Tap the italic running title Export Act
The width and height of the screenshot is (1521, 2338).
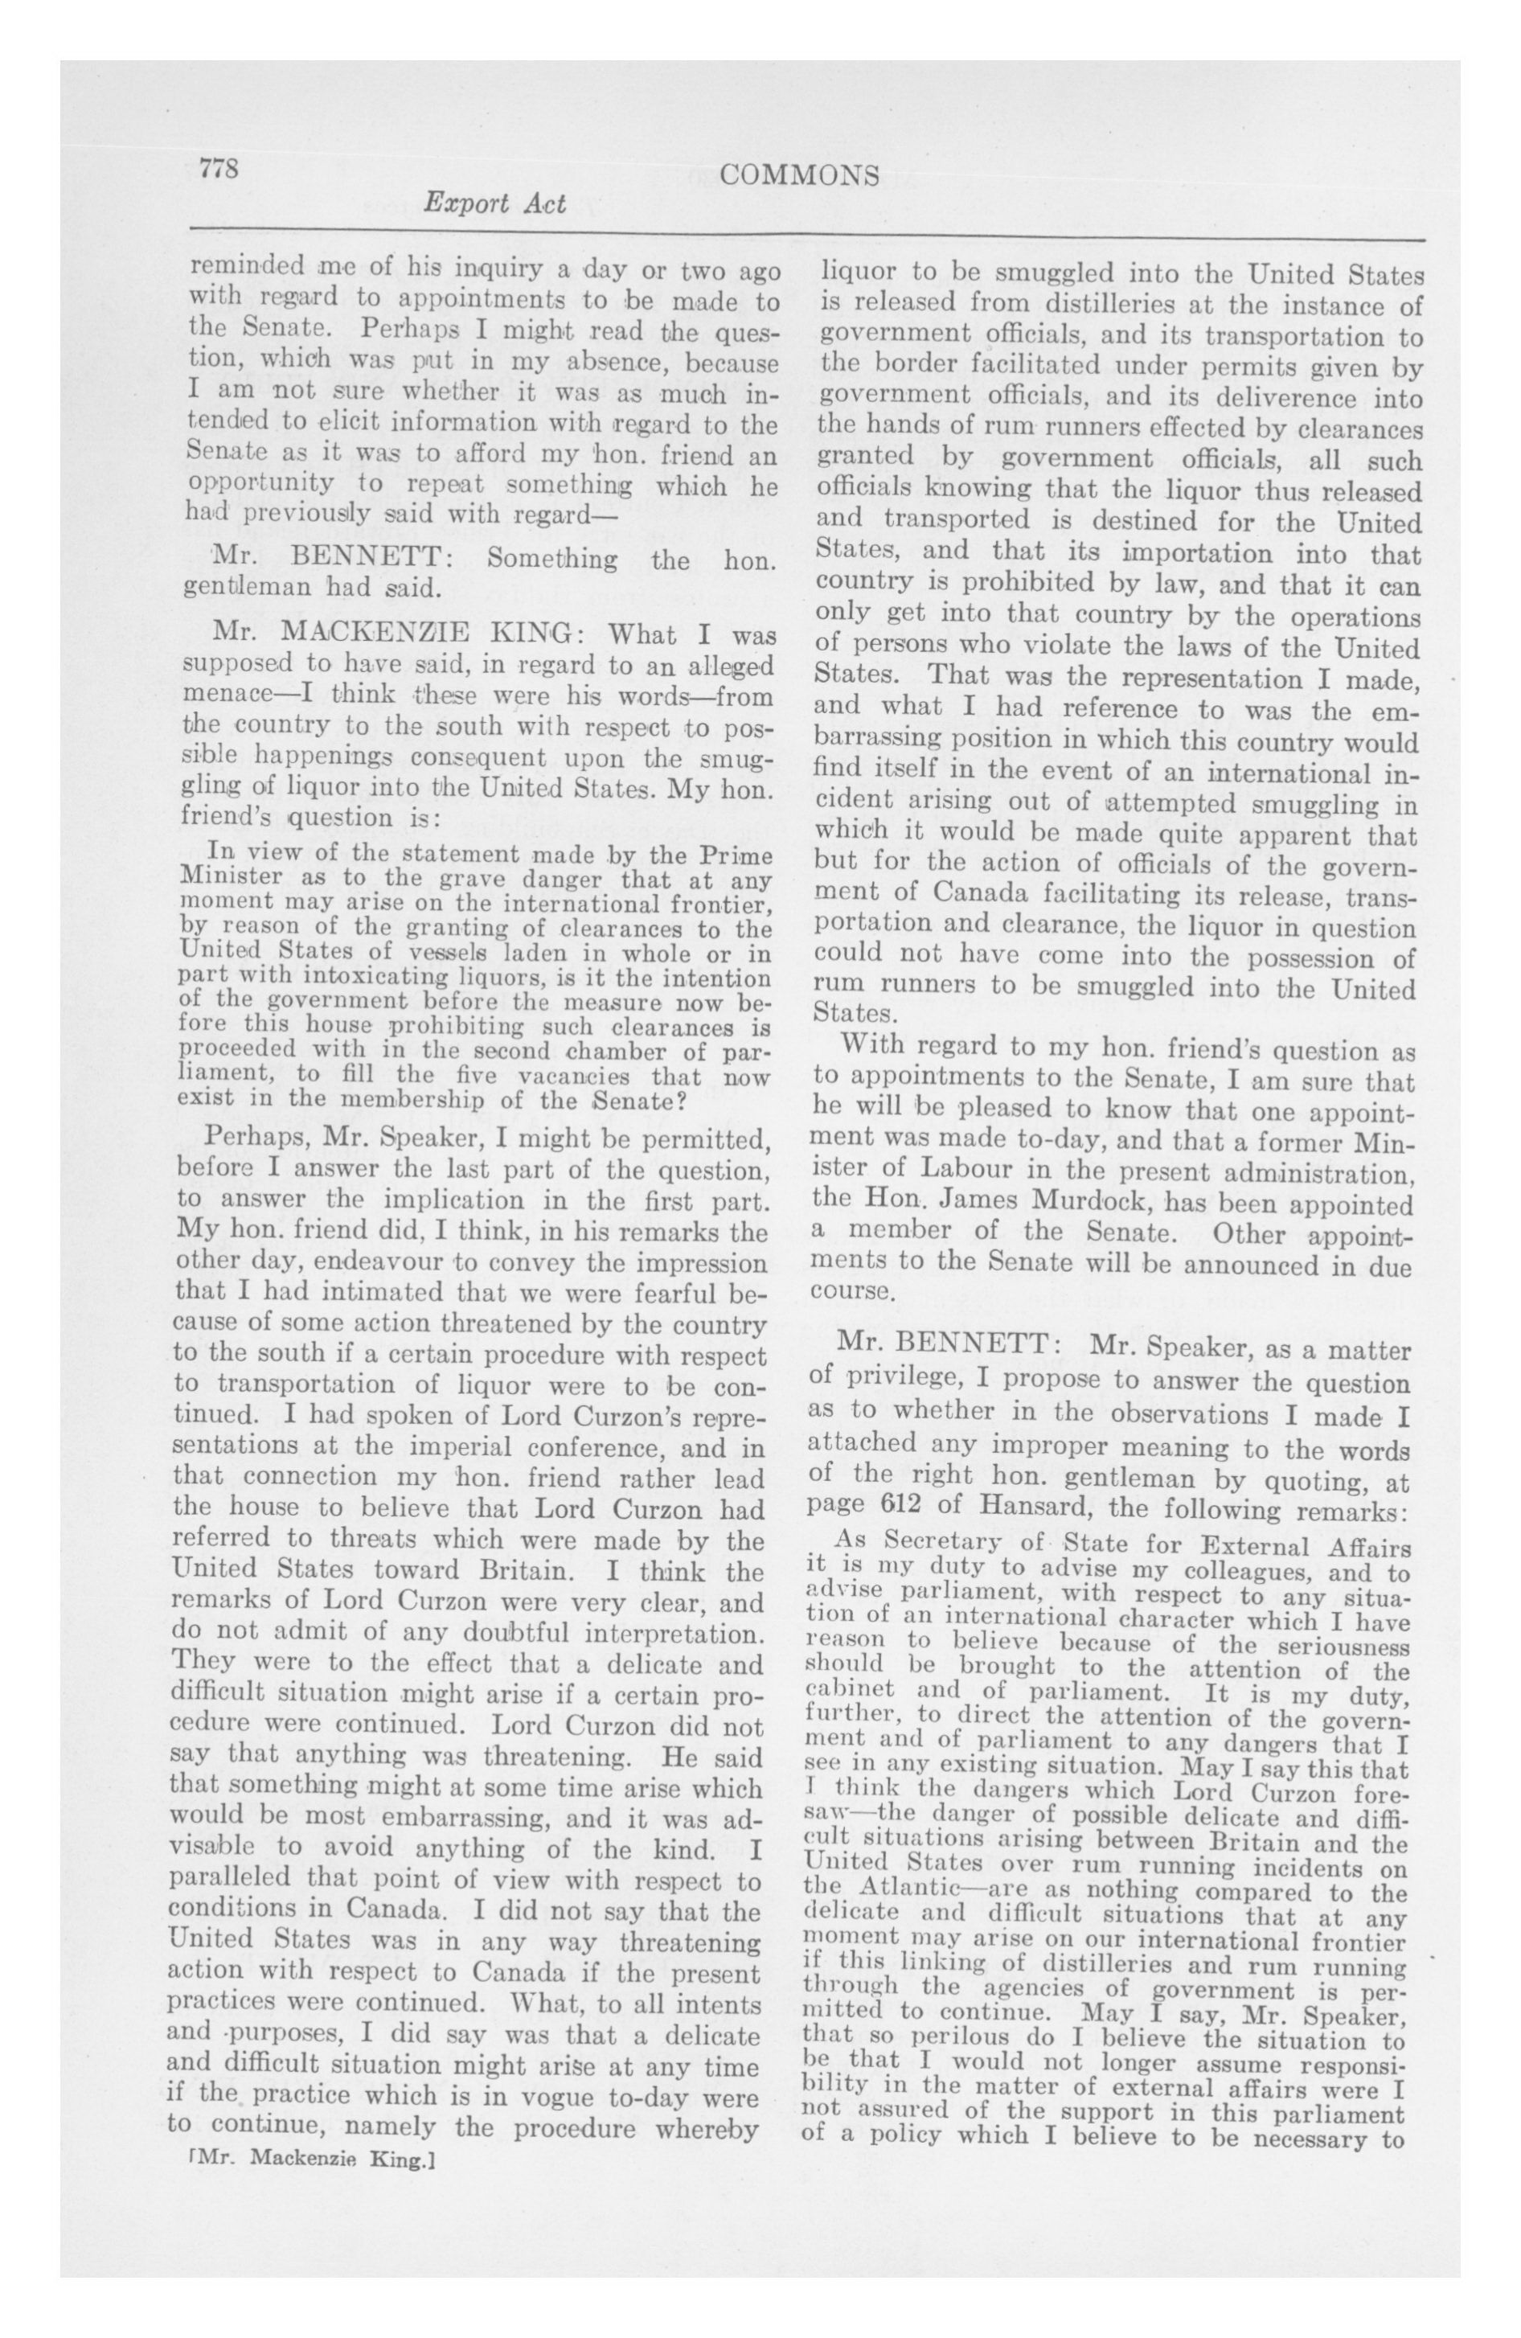coord(494,204)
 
